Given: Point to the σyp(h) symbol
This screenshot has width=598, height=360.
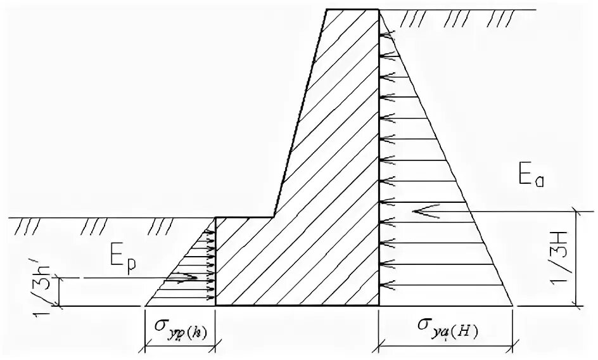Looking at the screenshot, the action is (180, 325).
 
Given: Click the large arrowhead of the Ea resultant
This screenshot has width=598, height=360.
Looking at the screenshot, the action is (418, 211).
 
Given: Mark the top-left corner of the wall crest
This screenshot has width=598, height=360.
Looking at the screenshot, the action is (326, 10).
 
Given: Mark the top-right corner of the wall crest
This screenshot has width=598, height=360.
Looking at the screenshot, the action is (379, 10).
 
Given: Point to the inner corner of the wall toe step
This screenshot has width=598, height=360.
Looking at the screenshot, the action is (274, 217).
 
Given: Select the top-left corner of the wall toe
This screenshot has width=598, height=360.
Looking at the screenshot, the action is (215, 217).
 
